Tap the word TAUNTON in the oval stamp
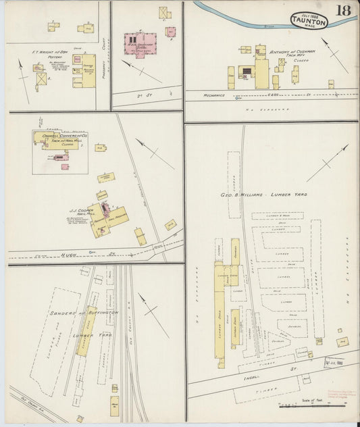click(x=309, y=21)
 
